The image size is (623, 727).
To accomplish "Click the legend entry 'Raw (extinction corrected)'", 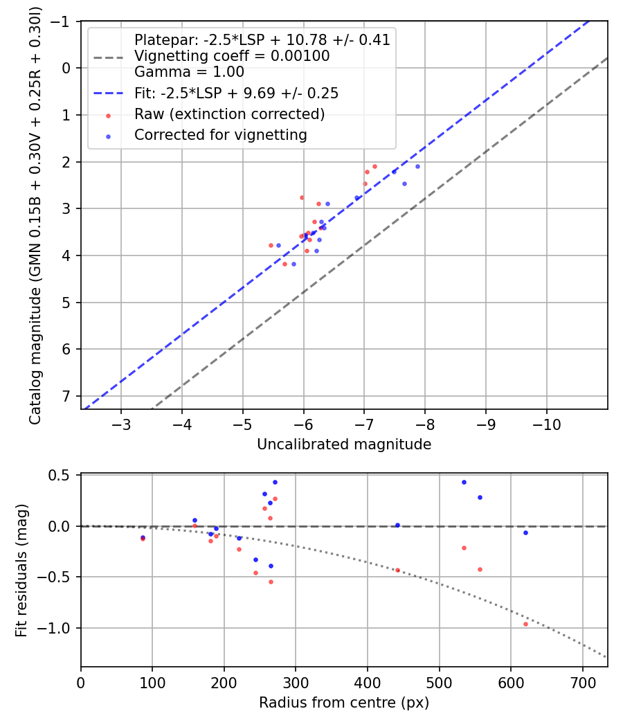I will click(x=229, y=114).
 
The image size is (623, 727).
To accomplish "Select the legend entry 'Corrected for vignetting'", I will click(x=220, y=135).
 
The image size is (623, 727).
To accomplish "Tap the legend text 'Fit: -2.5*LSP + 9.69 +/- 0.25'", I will click(x=236, y=93).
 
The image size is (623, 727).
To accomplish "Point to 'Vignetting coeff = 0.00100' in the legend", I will click(x=232, y=56).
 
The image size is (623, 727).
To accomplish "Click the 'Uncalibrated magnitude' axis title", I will click(x=344, y=445).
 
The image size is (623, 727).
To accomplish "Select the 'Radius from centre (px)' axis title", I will click(x=344, y=703).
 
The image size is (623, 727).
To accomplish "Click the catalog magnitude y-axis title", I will click(x=35, y=215).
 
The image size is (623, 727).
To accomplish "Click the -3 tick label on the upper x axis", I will click(x=121, y=423).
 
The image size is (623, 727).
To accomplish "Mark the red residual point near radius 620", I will click(x=525, y=624).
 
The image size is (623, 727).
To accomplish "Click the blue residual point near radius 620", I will click(x=525, y=532).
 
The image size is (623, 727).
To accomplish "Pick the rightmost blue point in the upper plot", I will click(x=417, y=166).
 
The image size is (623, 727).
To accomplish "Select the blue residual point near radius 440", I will click(x=397, y=525).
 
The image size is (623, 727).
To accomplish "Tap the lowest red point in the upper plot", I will click(x=285, y=264).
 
